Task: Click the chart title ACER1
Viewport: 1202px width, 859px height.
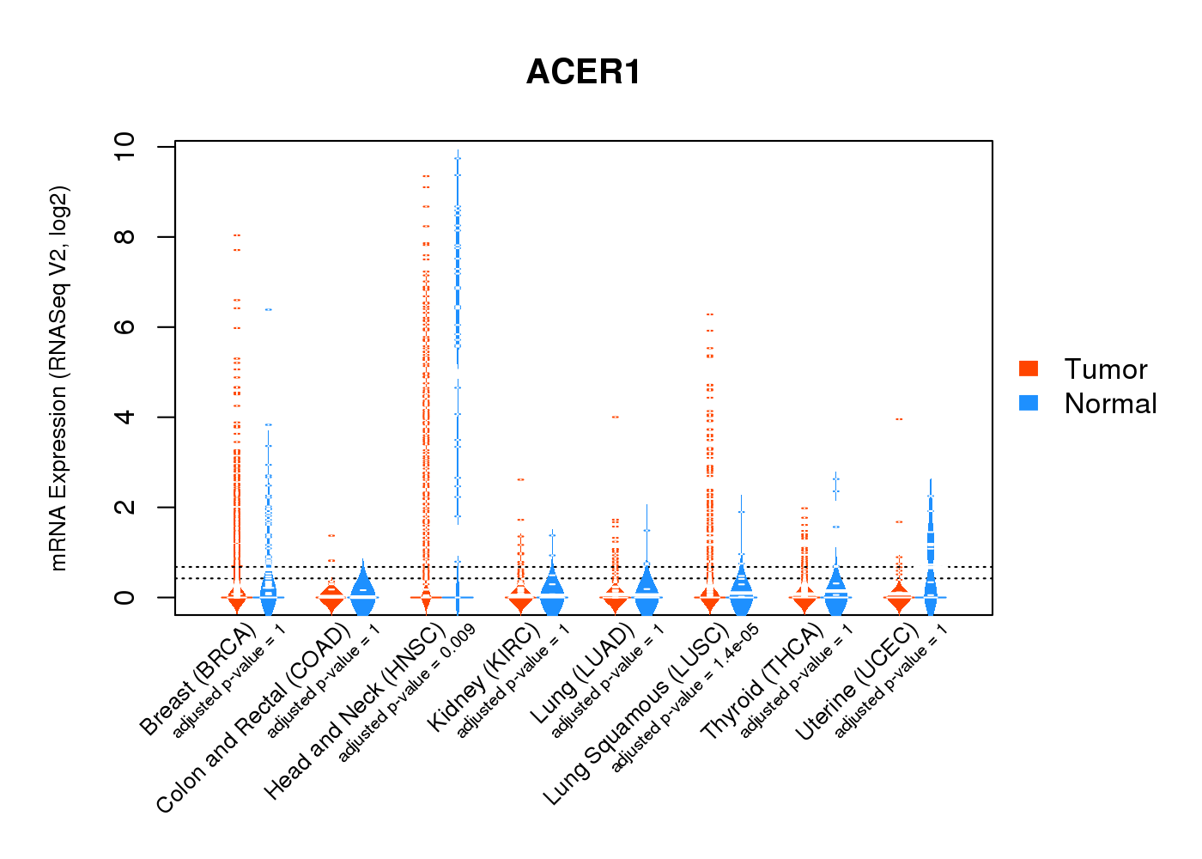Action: pos(583,72)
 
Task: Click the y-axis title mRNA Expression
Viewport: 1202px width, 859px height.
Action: pos(59,378)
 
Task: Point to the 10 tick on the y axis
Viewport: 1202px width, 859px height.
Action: pos(124,147)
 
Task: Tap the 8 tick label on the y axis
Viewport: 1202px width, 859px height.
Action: pos(124,237)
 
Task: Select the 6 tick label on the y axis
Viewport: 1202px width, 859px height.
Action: pos(124,327)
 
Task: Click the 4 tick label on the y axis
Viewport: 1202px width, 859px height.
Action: pos(124,417)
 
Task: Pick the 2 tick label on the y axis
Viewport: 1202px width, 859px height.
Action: pos(124,508)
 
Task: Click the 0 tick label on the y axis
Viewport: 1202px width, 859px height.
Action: pos(124,597)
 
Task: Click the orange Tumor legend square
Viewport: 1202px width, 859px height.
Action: pos(1029,369)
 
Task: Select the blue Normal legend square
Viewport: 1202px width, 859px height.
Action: pos(1029,403)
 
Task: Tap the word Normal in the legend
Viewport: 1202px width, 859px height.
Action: pos(1110,404)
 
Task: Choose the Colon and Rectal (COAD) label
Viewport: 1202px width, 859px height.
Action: pos(253,719)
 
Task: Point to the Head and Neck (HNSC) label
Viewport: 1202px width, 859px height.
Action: pos(354,713)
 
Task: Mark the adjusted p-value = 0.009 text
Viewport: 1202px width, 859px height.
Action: pos(406,695)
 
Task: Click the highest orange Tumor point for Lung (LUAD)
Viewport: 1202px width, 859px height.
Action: pos(615,417)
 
